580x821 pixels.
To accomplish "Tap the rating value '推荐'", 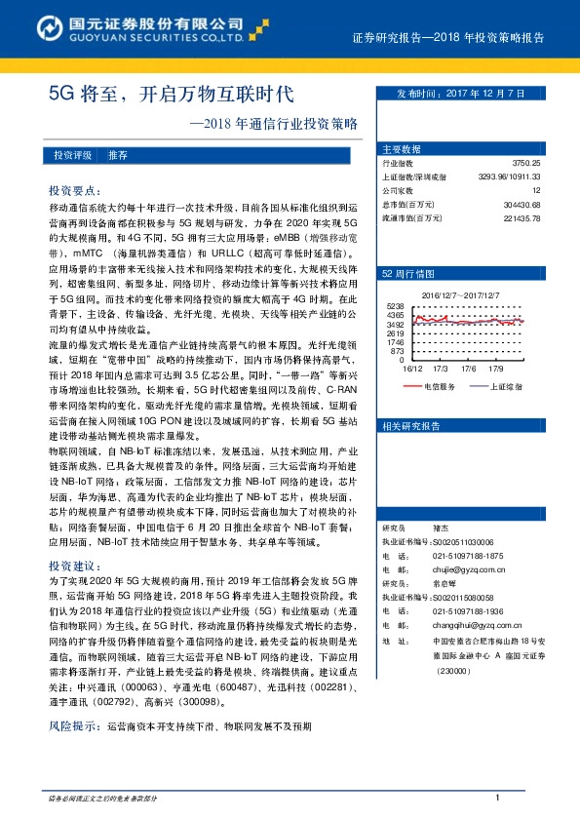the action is click(118, 155).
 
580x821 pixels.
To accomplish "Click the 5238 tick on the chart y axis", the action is click(397, 306).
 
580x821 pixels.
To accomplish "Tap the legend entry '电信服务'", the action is click(440, 386).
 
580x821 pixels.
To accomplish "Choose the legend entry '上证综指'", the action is click(504, 386).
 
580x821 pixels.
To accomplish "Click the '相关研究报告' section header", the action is click(411, 426).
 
